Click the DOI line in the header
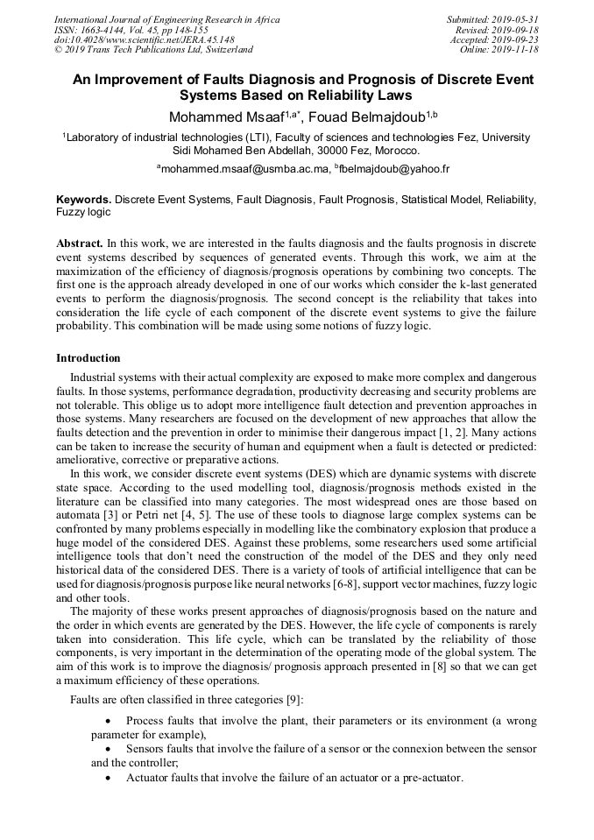[144, 39]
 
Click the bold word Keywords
[83, 201]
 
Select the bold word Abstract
[80, 241]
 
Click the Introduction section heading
[88, 358]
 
